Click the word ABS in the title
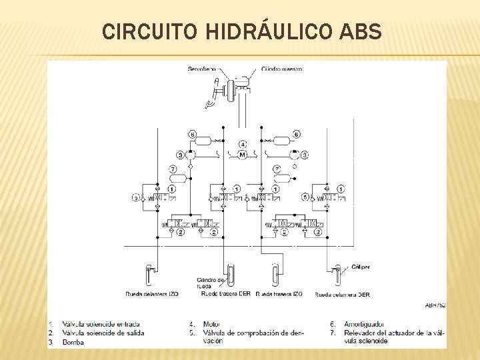click(x=360, y=31)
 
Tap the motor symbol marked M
click(x=243, y=155)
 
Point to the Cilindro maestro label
click(x=281, y=69)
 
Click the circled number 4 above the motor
click(x=243, y=143)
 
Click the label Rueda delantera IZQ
click(x=152, y=294)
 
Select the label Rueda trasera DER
click(x=225, y=294)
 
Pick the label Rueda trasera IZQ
click(x=279, y=294)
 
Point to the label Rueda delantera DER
click(x=343, y=294)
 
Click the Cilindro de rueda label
click(x=213, y=282)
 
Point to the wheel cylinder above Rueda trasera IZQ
click(x=274, y=273)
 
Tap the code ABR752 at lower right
click(x=435, y=305)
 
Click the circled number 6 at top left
click(x=193, y=134)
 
